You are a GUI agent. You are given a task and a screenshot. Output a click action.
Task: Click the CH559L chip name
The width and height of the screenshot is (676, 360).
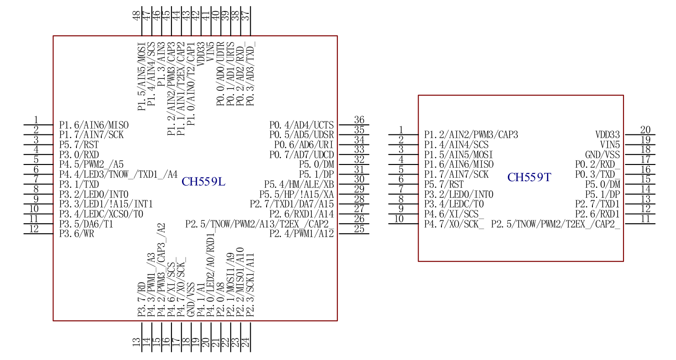pyautogui.click(x=204, y=182)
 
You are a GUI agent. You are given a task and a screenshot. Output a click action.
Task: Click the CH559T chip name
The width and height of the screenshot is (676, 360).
pyautogui.click(x=529, y=178)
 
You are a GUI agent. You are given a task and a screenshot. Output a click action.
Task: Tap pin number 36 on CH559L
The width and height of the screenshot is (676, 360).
pyautogui.click(x=359, y=120)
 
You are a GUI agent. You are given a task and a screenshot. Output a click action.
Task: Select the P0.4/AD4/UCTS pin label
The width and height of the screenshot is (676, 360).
pyautogui.click(x=301, y=125)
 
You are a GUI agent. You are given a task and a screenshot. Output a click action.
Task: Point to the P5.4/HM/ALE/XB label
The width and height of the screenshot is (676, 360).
pyautogui.click(x=299, y=185)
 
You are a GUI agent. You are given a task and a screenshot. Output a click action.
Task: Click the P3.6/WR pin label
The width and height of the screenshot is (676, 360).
pyautogui.click(x=76, y=234)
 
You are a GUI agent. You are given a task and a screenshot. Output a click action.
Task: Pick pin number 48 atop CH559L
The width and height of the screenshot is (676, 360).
pyautogui.click(x=137, y=16)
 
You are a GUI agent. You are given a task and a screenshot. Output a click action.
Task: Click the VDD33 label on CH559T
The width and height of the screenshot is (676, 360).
pyautogui.click(x=608, y=135)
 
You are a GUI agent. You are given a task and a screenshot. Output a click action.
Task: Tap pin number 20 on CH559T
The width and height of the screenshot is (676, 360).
pyautogui.click(x=645, y=130)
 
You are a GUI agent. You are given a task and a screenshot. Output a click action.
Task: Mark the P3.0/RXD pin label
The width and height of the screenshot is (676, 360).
pyautogui.click(x=79, y=155)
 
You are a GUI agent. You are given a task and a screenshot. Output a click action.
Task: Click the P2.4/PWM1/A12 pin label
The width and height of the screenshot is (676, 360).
pyautogui.click(x=301, y=234)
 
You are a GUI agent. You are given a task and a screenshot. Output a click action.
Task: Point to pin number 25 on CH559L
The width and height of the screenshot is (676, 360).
pyautogui.click(x=359, y=229)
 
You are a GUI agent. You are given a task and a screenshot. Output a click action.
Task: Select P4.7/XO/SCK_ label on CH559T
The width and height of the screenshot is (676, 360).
pyautogui.click(x=454, y=224)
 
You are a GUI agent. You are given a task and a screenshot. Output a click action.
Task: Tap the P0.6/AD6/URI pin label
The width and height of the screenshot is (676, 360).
pyautogui.click(x=304, y=145)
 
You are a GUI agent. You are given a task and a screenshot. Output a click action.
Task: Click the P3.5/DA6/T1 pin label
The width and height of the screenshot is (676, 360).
pyautogui.click(x=86, y=224)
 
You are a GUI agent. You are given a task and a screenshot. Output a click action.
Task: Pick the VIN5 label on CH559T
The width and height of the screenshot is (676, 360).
pyautogui.click(x=610, y=145)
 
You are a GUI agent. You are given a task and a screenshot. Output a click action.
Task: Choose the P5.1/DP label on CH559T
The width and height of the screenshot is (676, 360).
pyautogui.click(x=603, y=194)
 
